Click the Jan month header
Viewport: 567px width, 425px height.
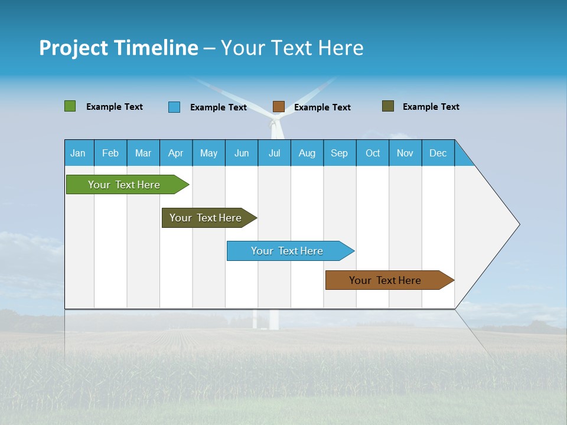(x=79, y=153)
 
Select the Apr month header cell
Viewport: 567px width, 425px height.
(x=176, y=153)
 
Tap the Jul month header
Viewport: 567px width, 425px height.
(x=274, y=153)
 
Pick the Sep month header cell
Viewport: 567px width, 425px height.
(x=340, y=153)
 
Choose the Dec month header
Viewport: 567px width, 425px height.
(x=438, y=153)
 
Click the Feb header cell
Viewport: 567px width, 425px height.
(x=110, y=153)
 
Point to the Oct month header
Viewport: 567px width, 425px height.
(x=373, y=153)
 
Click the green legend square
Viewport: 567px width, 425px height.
(x=70, y=106)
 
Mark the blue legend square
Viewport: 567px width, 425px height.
(x=174, y=107)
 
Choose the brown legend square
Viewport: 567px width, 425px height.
(x=279, y=107)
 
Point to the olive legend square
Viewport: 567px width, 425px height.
(x=388, y=106)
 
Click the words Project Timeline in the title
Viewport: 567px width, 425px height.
(x=119, y=48)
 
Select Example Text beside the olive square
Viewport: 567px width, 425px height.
(x=431, y=107)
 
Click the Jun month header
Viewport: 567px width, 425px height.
(x=242, y=153)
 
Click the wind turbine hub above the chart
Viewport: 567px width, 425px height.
(x=274, y=124)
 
